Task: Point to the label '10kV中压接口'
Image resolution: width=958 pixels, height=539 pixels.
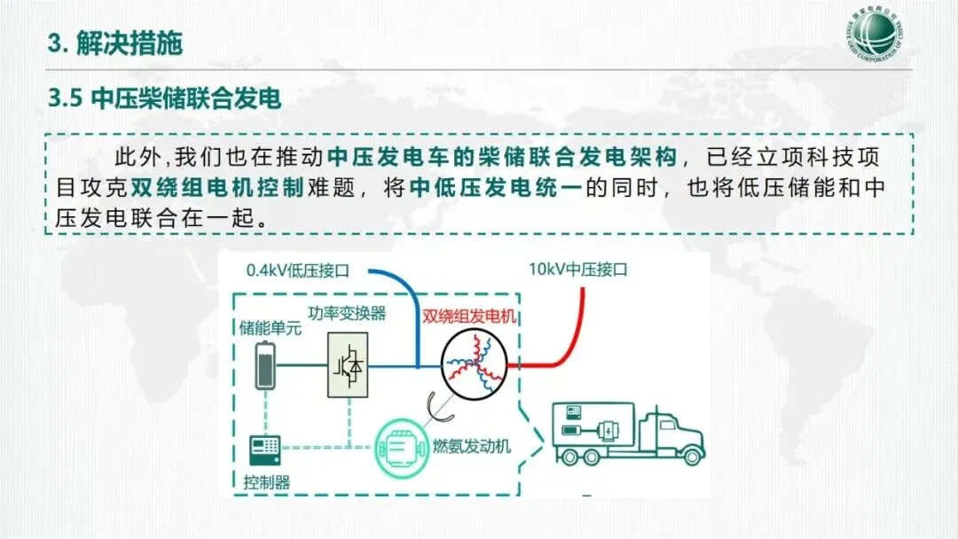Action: (x=577, y=269)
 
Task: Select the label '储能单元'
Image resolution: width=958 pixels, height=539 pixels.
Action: (x=271, y=329)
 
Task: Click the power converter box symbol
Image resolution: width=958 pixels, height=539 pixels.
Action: (x=349, y=364)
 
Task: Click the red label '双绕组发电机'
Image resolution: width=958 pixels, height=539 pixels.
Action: (x=471, y=316)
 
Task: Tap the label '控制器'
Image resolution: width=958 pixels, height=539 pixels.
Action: (x=266, y=483)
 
